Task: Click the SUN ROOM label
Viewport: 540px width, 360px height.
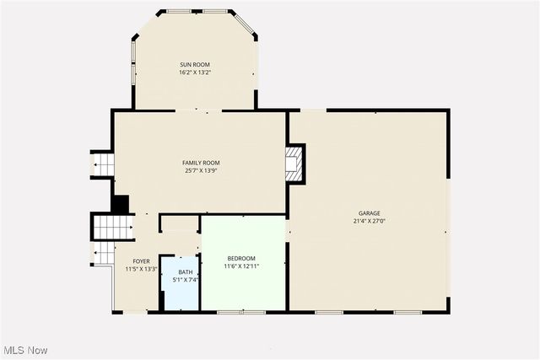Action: coord(194,65)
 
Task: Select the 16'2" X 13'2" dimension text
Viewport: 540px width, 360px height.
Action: coord(194,73)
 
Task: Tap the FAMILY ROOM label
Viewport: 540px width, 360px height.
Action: coord(201,163)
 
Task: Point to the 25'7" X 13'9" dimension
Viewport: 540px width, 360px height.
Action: coord(201,170)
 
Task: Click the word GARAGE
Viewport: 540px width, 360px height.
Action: coord(368,213)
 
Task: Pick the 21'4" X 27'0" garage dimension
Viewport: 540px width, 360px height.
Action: coord(368,221)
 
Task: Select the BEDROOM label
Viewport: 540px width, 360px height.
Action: coord(240,258)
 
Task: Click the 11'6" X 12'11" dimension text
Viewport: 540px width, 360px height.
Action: coord(240,266)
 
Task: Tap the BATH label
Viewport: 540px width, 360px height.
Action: coord(185,271)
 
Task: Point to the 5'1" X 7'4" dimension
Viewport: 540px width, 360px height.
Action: coord(185,279)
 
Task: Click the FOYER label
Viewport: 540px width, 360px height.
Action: coord(141,261)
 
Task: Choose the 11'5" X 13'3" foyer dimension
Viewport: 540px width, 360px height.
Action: coord(141,269)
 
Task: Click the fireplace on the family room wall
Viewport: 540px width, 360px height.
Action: coord(294,164)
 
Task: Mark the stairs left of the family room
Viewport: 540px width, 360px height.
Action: coord(102,164)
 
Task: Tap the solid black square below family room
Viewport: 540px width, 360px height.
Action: coord(121,204)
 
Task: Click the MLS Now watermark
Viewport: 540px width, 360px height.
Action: coord(24,350)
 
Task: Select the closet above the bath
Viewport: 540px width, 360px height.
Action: coord(179,223)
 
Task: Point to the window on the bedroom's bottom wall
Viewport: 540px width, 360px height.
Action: coord(229,312)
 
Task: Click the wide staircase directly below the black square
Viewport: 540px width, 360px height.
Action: coord(113,226)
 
